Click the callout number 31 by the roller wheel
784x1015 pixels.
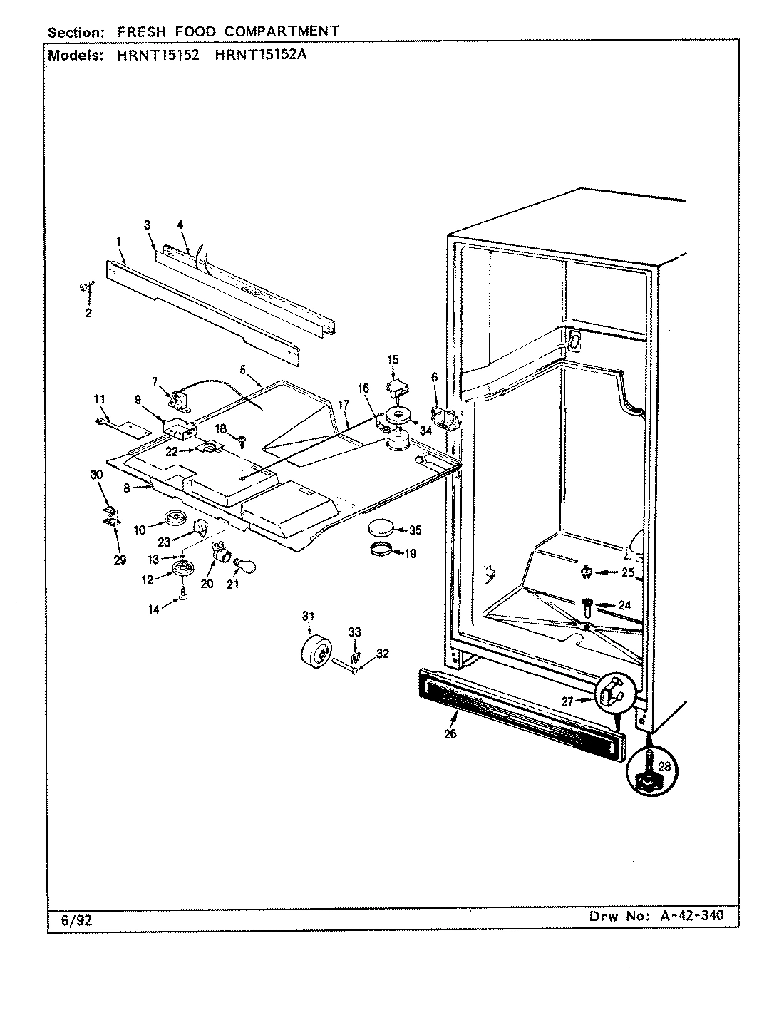307,616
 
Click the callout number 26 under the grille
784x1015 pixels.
450,733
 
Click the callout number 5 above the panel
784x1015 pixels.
243,370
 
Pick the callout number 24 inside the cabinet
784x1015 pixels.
624,605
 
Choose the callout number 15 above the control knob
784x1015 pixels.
393,359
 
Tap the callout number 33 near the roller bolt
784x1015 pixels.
354,632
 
